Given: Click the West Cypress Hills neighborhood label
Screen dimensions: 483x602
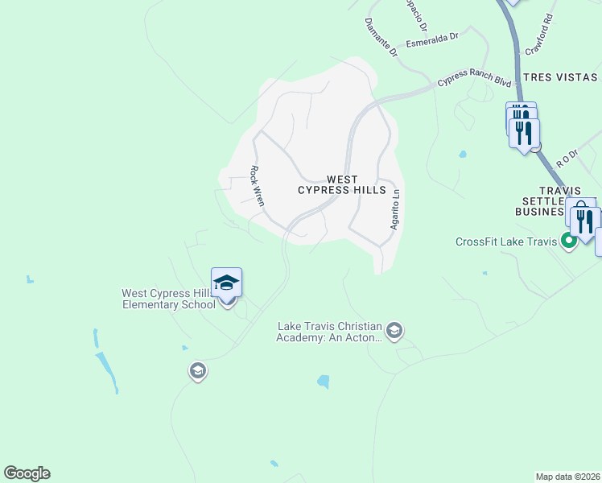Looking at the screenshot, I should (336, 184).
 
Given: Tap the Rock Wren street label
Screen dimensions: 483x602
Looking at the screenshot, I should (256, 186).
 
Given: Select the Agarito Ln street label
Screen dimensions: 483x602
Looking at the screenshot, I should (394, 210).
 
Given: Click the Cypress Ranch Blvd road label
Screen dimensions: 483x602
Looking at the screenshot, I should (474, 82).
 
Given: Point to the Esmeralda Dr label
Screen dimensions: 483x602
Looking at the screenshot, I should (431, 39).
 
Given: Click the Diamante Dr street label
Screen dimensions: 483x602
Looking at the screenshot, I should (381, 38).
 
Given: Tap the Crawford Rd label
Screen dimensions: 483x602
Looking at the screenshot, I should (538, 34).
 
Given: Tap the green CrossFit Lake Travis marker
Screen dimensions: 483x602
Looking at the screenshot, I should (570, 240).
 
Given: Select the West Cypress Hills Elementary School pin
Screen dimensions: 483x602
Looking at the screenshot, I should (227, 284).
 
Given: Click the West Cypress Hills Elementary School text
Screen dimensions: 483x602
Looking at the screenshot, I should (169, 299).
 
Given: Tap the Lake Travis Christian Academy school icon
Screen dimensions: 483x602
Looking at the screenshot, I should (394, 331).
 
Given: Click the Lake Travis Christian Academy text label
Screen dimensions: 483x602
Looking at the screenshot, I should (329, 332).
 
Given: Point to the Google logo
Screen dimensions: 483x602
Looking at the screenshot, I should (27, 473).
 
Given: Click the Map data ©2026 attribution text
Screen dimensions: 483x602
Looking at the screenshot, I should (568, 477).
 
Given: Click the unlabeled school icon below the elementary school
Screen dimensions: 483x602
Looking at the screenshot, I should (197, 371).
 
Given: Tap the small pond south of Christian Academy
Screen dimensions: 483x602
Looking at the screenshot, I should (324, 382).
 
